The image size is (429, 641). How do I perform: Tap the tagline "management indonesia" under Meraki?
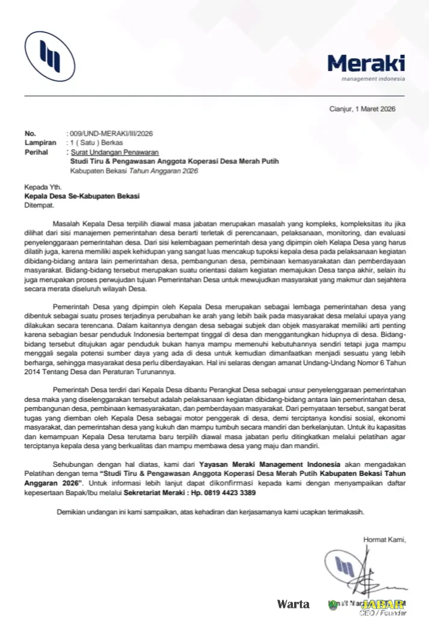[373, 79]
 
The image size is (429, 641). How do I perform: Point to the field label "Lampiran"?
[36, 143]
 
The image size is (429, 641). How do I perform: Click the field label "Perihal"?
[36, 152]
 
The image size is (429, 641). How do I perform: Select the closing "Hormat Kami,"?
[384, 539]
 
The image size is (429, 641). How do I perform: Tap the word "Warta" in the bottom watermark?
[293, 604]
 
